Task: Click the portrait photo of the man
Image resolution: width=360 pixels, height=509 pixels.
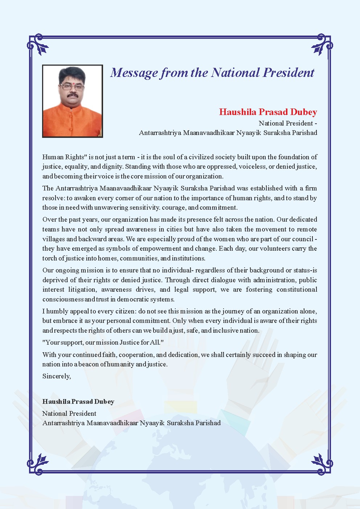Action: [x=73, y=101]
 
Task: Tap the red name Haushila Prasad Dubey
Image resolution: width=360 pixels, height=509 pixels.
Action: [x=268, y=112]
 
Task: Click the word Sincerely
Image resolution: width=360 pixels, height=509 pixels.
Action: [x=56, y=376]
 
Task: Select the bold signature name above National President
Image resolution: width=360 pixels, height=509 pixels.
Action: [x=78, y=402]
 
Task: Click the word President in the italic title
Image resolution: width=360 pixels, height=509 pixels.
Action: [x=289, y=73]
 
